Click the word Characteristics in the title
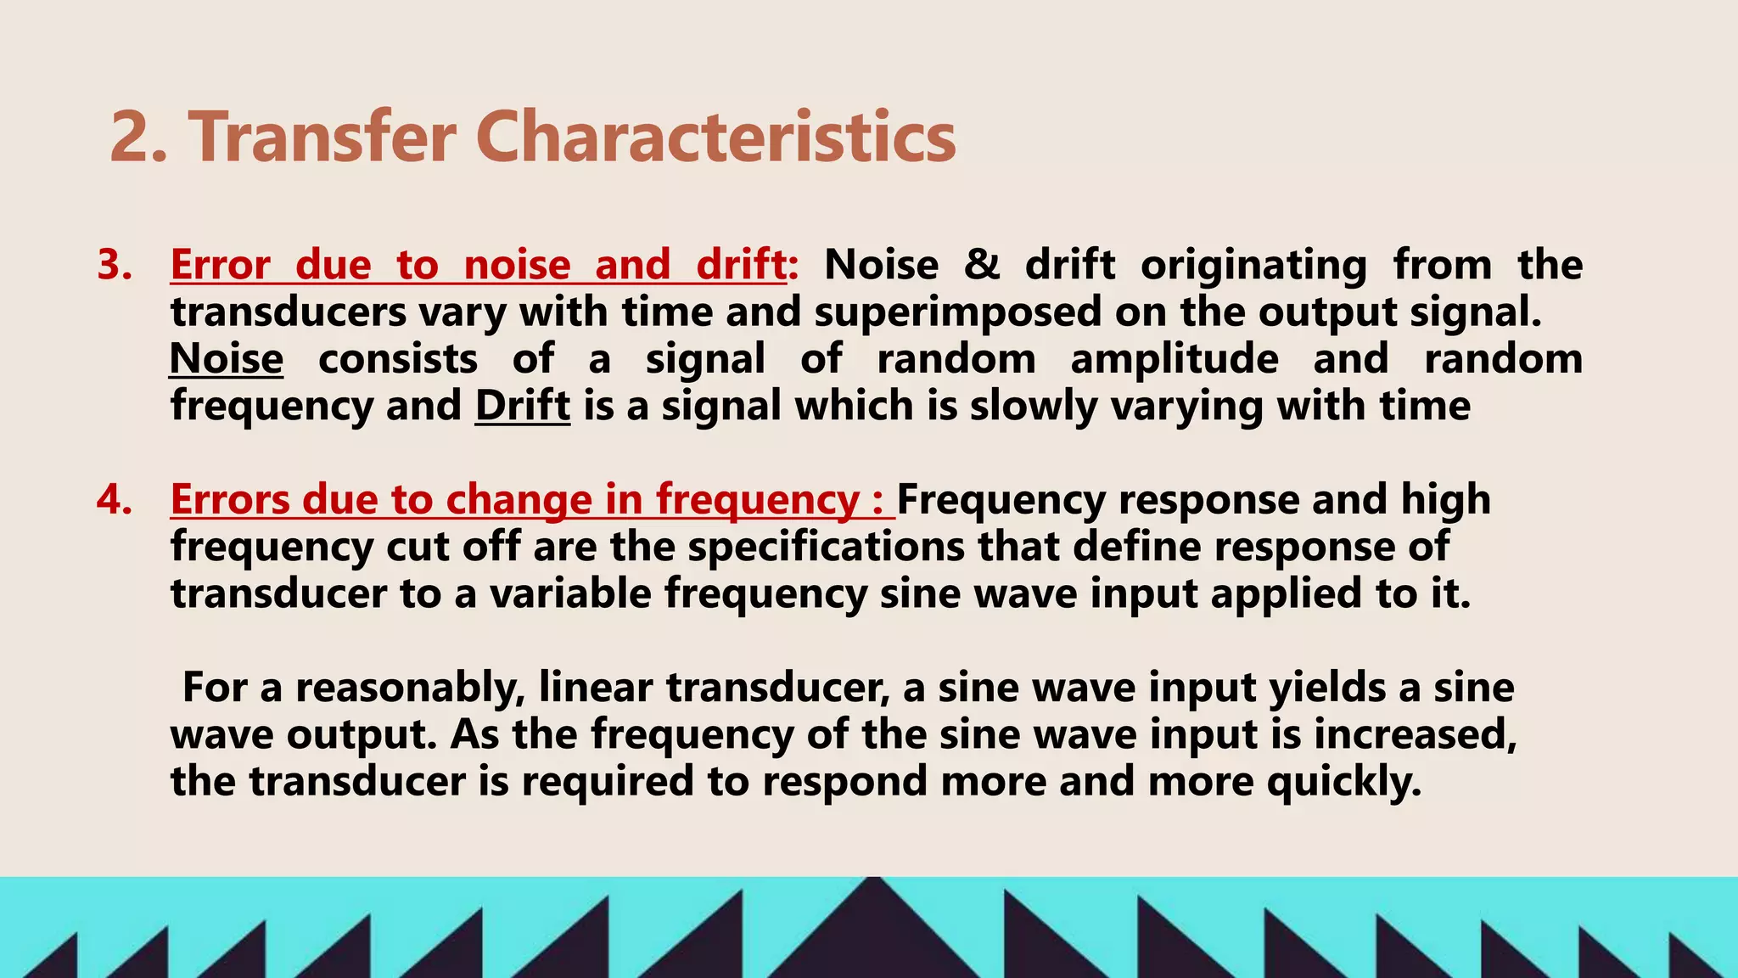(715, 138)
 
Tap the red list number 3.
(115, 265)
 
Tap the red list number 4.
(115, 499)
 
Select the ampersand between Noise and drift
(982, 265)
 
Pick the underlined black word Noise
(227, 359)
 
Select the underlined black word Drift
(522, 406)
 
